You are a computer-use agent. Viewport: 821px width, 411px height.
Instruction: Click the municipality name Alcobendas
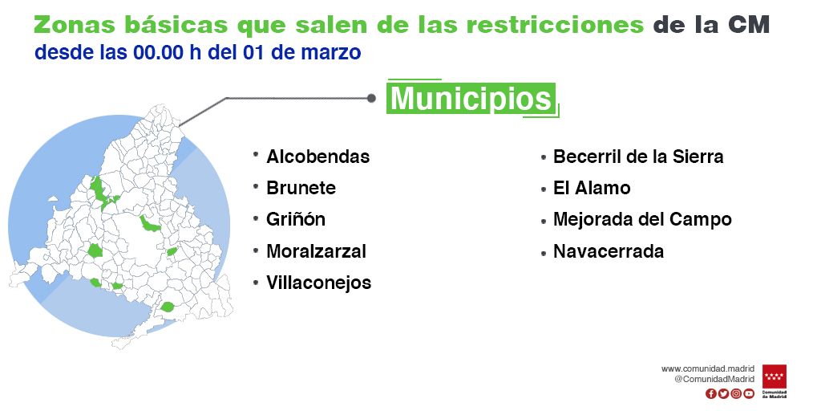pos(317,157)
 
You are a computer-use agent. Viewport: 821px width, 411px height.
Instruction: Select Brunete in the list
pos(301,188)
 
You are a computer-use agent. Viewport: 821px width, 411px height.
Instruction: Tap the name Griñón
pos(296,219)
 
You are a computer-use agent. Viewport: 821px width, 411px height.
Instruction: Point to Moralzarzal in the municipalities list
pos(316,251)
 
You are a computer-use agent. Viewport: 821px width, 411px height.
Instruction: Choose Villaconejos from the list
pos(319,283)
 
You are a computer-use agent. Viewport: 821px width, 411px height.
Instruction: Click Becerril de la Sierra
pos(638,157)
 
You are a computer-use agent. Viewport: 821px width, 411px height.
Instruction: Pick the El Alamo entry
pos(592,188)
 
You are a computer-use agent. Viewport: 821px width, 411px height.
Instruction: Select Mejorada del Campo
pos(642,219)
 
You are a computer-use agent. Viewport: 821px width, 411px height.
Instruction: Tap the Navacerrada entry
pos(609,251)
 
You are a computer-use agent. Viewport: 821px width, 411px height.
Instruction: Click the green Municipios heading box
pos(471,98)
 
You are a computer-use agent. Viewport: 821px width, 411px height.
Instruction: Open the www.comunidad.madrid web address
pos(708,369)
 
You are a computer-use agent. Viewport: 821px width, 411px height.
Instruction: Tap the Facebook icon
pos(710,393)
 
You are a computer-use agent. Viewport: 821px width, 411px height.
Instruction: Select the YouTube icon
pos(749,393)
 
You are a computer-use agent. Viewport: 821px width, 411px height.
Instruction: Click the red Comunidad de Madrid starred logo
pos(774,381)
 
